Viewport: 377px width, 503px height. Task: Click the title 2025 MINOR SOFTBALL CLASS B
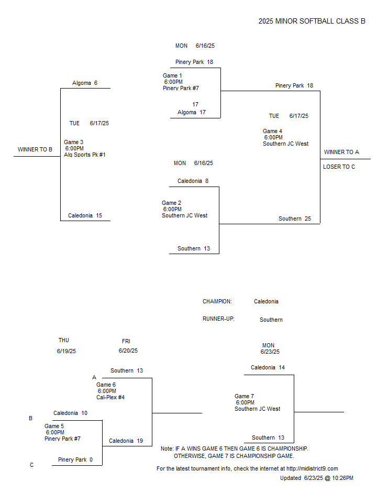tap(312, 21)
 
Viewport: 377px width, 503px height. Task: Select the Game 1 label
tap(172, 75)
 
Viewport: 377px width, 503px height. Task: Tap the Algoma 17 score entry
tap(192, 112)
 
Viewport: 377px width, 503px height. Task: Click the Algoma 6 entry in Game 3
tap(85, 83)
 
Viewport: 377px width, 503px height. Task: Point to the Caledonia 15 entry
tap(85, 215)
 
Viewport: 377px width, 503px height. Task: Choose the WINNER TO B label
tap(35, 149)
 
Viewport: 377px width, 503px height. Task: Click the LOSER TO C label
tap(339, 167)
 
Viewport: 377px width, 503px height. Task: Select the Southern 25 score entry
tap(295, 219)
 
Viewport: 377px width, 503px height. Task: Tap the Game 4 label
tap(272, 131)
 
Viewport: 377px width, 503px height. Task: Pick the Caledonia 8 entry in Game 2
tap(193, 181)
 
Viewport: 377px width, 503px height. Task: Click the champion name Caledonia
tap(266, 302)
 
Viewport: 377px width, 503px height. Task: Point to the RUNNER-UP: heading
tap(218, 319)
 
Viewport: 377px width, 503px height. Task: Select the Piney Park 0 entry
tap(75, 460)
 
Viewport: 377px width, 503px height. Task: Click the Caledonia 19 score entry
tap(126, 441)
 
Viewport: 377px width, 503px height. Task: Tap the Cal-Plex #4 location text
tap(110, 398)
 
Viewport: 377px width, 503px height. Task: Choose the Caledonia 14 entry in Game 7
tap(268, 368)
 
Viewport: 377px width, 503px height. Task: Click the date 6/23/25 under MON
tap(270, 352)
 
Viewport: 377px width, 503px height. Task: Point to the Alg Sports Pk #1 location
tap(85, 155)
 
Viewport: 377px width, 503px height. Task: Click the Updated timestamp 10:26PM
tap(342, 478)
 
